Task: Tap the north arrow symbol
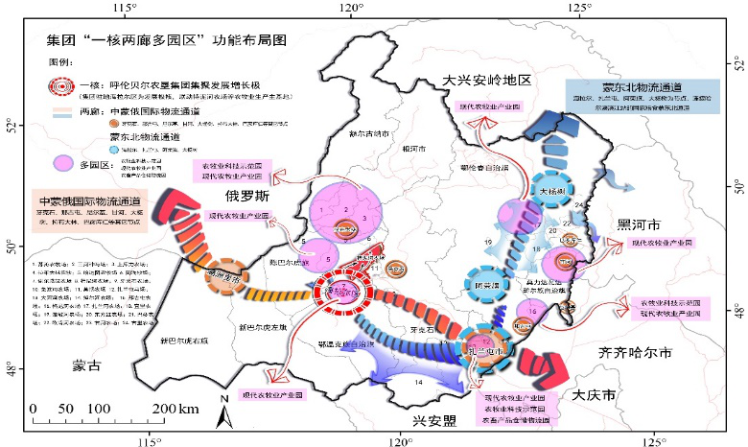(223, 412)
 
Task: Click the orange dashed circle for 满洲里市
(227, 271)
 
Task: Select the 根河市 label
(412, 149)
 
